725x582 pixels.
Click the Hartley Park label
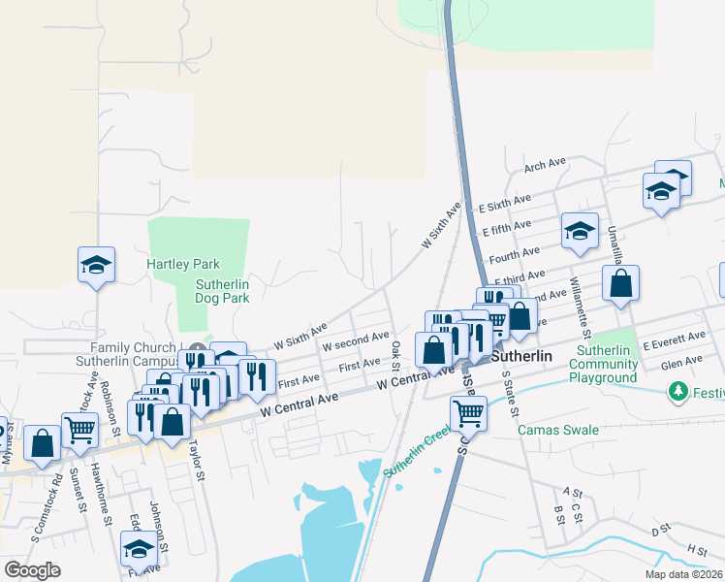[183, 264]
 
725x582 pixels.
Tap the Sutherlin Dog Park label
[222, 291]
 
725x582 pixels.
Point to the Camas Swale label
[558, 430]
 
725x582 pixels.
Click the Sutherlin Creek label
[417, 456]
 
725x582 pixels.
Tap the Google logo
[33, 569]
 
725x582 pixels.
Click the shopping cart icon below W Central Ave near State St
[469, 413]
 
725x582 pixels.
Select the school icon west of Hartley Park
[97, 265]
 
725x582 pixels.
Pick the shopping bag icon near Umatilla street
[620, 284]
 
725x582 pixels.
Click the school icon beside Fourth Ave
[580, 231]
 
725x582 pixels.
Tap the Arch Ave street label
[544, 166]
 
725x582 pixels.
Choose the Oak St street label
[395, 355]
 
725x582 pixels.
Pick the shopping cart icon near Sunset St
[79, 428]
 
